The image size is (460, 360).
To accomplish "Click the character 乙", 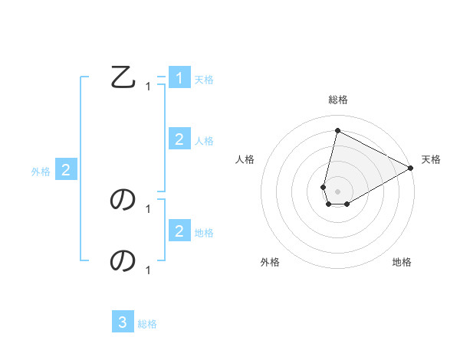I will click(123, 77).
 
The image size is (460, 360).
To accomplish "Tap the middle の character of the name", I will click(123, 200).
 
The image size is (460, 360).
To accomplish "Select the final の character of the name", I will click(123, 261).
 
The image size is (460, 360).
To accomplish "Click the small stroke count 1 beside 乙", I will click(148, 87).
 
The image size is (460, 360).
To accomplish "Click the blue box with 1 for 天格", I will click(179, 78).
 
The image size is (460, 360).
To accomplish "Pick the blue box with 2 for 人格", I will click(179, 139).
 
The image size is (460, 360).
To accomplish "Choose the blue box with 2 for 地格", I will click(179, 231).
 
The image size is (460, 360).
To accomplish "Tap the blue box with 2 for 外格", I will click(66, 170).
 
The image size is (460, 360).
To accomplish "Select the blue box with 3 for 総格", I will click(123, 322).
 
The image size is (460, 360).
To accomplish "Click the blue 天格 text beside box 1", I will click(204, 80).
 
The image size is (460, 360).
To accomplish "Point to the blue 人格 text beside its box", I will click(204, 141).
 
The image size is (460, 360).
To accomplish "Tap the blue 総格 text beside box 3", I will click(147, 324).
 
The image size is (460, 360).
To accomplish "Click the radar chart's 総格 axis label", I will click(337, 100).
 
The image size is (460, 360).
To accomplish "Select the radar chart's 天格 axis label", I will click(431, 159).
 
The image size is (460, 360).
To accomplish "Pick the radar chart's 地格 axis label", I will click(402, 262).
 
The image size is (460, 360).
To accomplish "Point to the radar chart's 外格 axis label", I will click(270, 262).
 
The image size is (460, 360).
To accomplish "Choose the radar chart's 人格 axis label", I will click(245, 159).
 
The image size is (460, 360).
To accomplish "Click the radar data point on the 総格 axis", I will click(337, 130).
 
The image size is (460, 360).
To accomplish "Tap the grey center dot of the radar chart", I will click(337, 191).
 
